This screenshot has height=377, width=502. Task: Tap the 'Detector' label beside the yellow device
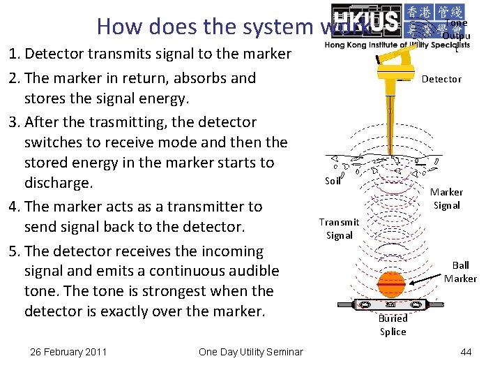tap(441, 79)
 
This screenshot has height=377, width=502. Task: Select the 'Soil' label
tap(333, 182)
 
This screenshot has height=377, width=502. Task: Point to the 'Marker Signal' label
tap(446, 198)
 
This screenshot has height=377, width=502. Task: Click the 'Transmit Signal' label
tap(339, 228)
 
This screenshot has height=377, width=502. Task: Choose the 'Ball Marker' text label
tap(460, 272)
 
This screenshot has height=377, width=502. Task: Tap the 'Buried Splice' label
tap(393, 325)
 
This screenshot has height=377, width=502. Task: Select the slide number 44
tap(466, 352)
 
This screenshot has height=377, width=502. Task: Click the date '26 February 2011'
tap(68, 352)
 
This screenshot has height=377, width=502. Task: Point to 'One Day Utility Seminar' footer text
tap(250, 352)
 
